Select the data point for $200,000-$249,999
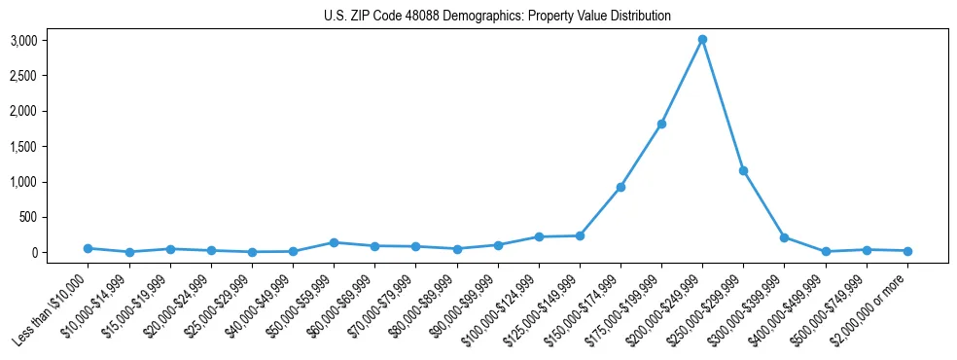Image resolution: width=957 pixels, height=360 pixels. pyautogui.click(x=702, y=40)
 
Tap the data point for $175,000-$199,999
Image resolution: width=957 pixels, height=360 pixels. pyautogui.click(x=661, y=125)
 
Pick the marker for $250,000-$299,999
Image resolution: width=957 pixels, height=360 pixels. pyautogui.click(x=743, y=171)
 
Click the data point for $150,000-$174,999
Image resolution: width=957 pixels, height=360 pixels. pyautogui.click(x=620, y=187)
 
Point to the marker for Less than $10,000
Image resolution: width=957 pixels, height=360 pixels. pyautogui.click(x=88, y=248)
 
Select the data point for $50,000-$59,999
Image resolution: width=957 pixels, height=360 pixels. pyautogui.click(x=334, y=242)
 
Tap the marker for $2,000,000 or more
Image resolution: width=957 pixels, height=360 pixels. pyautogui.click(x=907, y=251)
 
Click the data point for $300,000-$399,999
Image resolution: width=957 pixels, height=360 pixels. pyautogui.click(x=784, y=237)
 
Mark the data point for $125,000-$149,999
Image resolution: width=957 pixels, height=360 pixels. pyautogui.click(x=580, y=235)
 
